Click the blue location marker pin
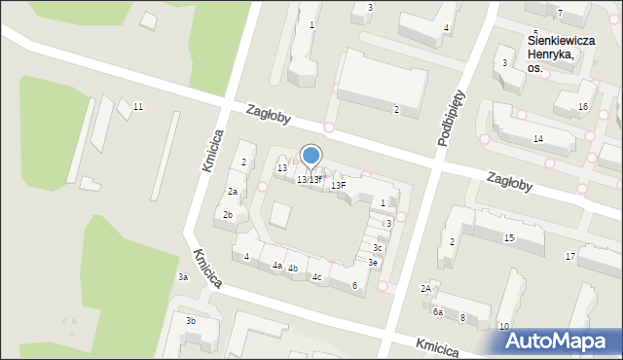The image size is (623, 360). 311,157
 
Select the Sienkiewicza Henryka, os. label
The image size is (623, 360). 551,54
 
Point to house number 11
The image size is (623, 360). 138,106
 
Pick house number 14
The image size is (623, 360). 538,139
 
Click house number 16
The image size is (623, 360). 583,106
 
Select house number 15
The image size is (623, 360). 509,237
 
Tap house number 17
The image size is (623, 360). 570,256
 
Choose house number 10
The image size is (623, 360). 503,326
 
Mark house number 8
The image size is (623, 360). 462,318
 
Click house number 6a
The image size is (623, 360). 438,311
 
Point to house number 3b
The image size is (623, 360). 191,320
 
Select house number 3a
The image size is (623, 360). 182,277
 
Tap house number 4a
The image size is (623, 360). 276,265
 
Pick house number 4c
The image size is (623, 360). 316,277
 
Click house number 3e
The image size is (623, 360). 373,262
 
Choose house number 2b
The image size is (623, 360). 228,214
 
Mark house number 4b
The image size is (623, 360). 292,268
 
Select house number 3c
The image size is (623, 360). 378,248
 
